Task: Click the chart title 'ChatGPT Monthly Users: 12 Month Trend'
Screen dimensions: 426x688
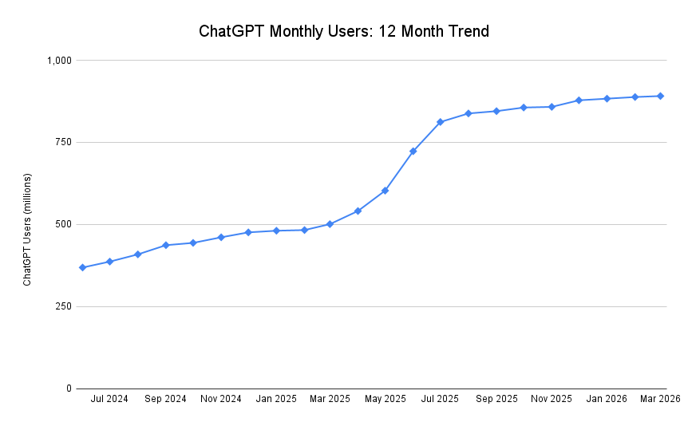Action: pyautogui.click(x=343, y=32)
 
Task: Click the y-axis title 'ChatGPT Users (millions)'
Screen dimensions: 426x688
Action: pyautogui.click(x=27, y=229)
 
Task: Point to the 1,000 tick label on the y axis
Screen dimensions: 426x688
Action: pyautogui.click(x=59, y=61)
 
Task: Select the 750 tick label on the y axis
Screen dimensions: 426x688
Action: pyautogui.click(x=64, y=142)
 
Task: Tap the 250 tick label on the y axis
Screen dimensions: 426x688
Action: pyautogui.click(x=64, y=306)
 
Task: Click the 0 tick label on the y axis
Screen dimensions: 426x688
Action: pyautogui.click(x=69, y=389)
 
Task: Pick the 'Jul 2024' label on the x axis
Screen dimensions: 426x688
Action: pyautogui.click(x=109, y=398)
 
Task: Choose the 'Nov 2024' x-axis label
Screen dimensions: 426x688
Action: pyautogui.click(x=220, y=398)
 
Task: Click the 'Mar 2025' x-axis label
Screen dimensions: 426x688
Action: pyautogui.click(x=330, y=398)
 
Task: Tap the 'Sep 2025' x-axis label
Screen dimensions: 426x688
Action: pyautogui.click(x=496, y=398)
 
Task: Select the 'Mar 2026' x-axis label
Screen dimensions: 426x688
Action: pyautogui.click(x=659, y=398)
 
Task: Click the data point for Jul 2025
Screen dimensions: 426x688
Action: pyautogui.click(x=440, y=122)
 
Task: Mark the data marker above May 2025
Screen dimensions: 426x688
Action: pyautogui.click(x=385, y=191)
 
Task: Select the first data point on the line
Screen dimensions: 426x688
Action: pyautogui.click(x=82, y=267)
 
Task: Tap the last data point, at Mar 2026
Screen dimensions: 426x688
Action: pyautogui.click(x=660, y=96)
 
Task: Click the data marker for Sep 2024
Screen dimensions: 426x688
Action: pyautogui.click(x=165, y=245)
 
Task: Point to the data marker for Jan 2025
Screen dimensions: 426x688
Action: pyautogui.click(x=276, y=231)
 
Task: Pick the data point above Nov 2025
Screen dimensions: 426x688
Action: pyautogui.click(x=552, y=106)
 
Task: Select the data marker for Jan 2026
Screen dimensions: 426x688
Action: pyautogui.click(x=607, y=98)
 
